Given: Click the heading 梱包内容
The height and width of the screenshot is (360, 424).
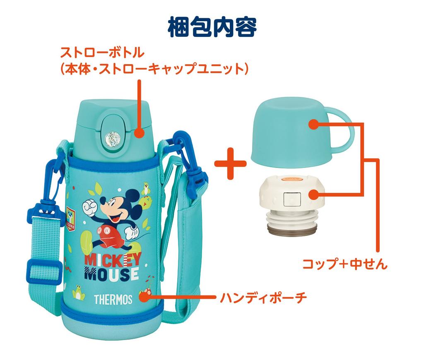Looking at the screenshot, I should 212,27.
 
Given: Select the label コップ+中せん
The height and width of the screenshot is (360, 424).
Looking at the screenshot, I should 345,264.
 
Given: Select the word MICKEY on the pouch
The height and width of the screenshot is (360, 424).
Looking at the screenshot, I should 113,259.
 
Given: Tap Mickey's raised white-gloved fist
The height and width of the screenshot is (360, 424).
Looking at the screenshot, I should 90,204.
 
